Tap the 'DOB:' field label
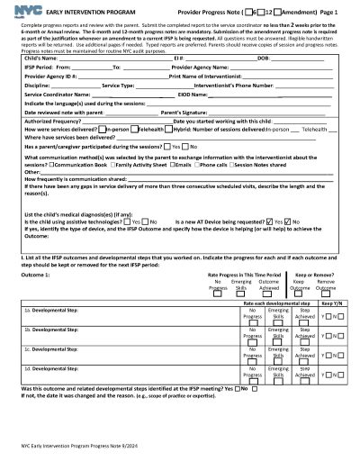click(264, 58)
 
